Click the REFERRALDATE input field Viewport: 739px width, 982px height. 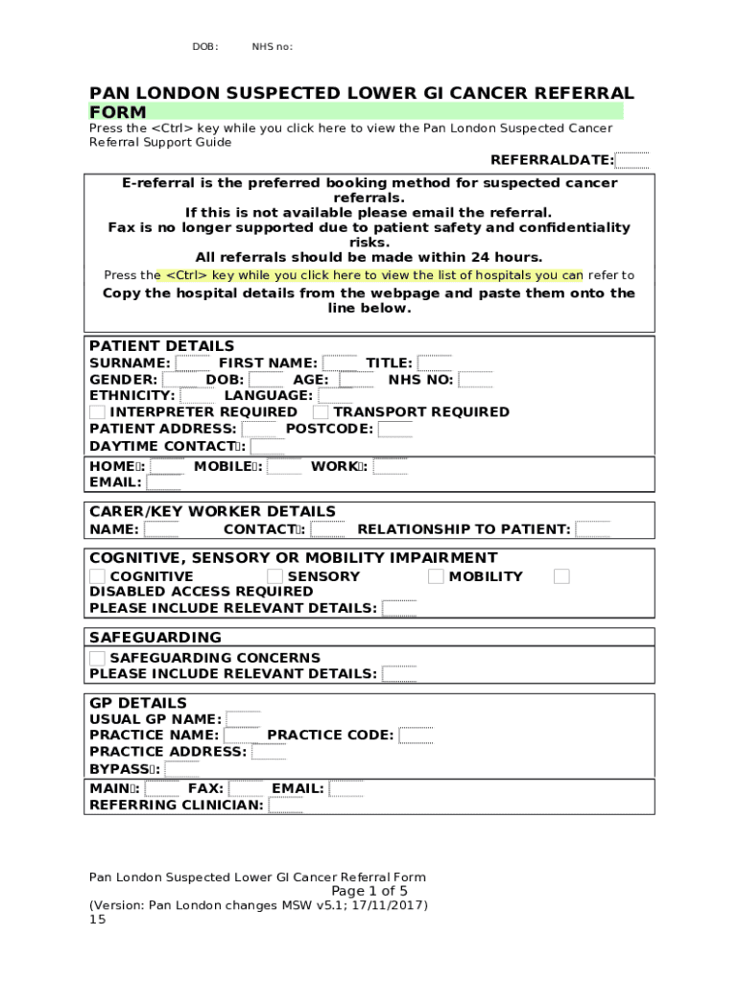click(632, 160)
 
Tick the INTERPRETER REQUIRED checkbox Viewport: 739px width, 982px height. click(97, 412)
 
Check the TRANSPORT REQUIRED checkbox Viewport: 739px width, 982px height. click(321, 412)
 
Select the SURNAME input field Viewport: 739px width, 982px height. click(193, 363)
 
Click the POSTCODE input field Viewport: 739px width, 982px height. click(394, 429)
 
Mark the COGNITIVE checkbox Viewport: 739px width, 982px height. click(97, 576)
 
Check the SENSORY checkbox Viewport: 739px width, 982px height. click(274, 576)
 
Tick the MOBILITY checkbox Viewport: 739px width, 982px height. click(436, 576)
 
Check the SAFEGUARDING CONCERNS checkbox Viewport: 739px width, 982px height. click(97, 658)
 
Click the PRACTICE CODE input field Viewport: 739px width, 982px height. click(416, 736)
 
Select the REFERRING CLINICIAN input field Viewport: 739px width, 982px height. click(285, 806)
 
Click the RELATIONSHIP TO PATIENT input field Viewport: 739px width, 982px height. click(592, 529)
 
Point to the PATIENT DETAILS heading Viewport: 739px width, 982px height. click(161, 346)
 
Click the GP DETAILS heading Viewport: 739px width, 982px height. click(138, 703)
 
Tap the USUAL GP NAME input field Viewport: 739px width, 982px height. click(243, 719)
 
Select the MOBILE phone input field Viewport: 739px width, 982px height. click(284, 467)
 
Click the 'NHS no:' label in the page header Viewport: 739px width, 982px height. click(272, 46)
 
